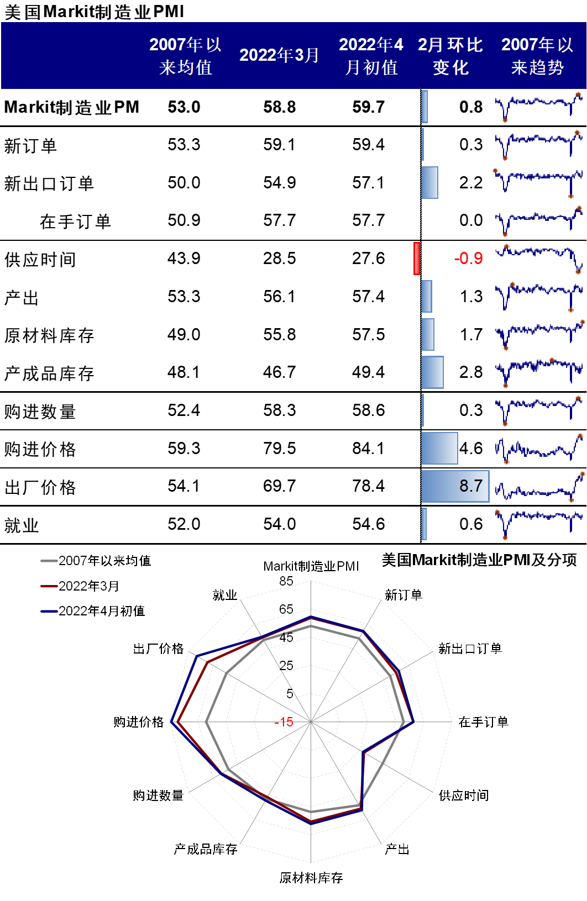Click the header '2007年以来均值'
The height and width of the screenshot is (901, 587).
[185, 56]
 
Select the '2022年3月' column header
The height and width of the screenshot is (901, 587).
[279, 55]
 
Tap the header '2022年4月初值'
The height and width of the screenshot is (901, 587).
[371, 56]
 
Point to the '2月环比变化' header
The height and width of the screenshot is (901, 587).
[450, 56]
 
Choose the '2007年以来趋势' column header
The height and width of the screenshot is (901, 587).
[537, 56]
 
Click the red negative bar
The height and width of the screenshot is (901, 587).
[417, 258]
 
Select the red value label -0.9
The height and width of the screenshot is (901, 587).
[469, 258]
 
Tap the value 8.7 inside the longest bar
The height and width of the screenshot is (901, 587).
[471, 486]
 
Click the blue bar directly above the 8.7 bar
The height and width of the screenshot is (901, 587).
[439, 448]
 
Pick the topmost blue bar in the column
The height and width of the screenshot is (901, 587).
[424, 107]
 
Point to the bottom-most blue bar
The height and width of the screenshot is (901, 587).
[424, 524]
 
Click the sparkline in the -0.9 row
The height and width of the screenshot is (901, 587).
[539, 257]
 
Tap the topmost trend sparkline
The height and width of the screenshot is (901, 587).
[539, 107]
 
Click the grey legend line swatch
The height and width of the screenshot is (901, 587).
[49, 561]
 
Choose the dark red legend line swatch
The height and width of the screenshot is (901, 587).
[49, 586]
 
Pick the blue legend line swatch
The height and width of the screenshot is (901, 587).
[49, 612]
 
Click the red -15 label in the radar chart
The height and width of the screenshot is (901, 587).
[285, 721]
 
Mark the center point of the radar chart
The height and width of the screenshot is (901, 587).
[311, 721]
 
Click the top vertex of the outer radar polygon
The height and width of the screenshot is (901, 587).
[311, 581]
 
